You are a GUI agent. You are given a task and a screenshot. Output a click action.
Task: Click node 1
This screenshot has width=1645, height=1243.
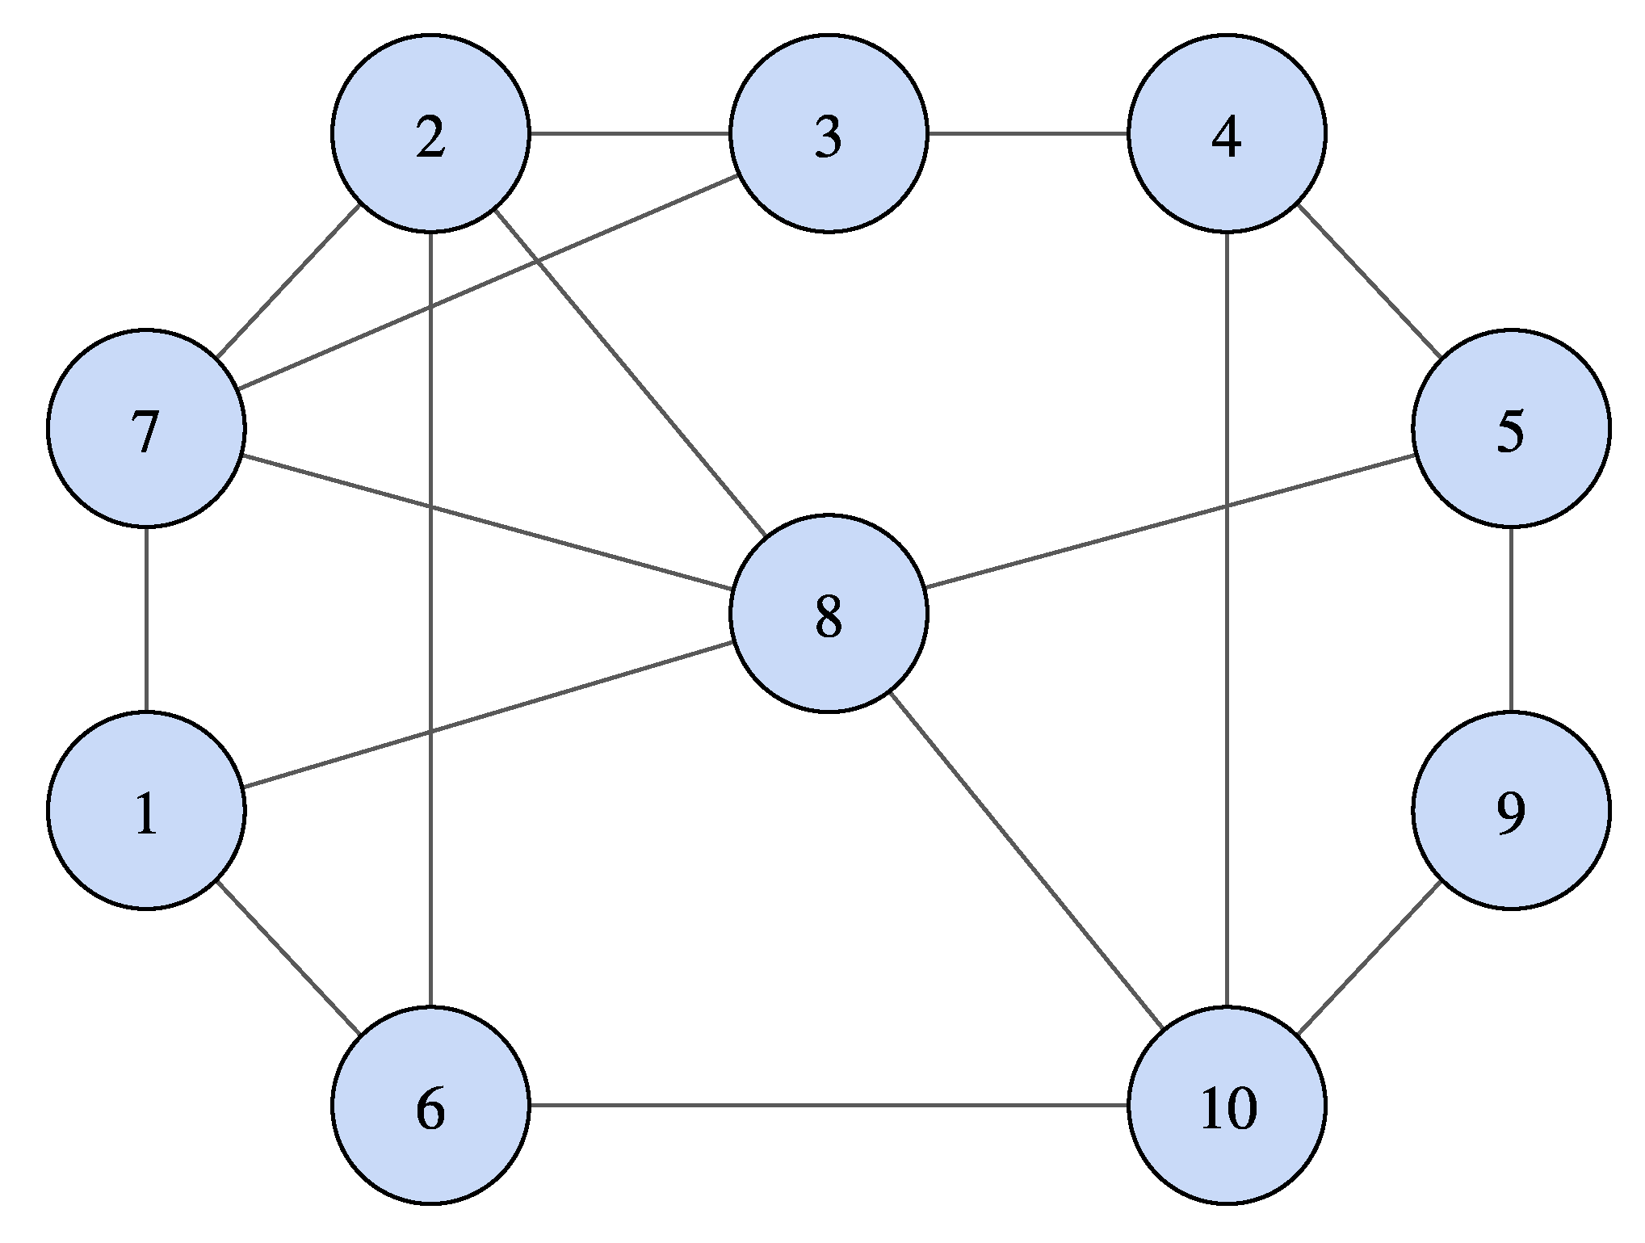(146, 810)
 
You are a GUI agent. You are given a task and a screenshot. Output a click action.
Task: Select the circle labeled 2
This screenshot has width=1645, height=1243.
(430, 133)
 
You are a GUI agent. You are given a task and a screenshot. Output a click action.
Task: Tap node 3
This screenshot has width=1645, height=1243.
(829, 133)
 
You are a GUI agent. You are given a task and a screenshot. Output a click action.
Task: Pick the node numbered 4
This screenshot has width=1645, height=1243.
(1227, 133)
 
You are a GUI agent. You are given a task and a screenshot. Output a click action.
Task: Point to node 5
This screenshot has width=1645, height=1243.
(1511, 428)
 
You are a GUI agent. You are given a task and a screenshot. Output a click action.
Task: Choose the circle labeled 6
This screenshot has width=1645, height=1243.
(430, 1105)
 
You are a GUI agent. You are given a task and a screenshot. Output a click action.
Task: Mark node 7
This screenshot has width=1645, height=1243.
(146, 428)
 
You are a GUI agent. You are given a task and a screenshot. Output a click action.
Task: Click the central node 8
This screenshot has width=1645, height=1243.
(829, 613)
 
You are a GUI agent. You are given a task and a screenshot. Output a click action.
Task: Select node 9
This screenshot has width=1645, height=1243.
(1511, 810)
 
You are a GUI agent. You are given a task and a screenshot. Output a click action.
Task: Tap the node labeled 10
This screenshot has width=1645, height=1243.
(1227, 1105)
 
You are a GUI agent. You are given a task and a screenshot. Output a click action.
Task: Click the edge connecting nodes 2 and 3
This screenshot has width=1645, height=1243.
(630, 133)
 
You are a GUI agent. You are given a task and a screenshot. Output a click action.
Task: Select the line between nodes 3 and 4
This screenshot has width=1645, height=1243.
(1027, 133)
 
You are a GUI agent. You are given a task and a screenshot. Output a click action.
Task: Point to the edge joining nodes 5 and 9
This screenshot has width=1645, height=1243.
(1511, 619)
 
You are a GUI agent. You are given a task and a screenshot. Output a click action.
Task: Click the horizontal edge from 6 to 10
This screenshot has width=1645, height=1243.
(829, 1105)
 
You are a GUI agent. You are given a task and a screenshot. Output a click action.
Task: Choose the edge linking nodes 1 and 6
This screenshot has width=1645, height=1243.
(288, 958)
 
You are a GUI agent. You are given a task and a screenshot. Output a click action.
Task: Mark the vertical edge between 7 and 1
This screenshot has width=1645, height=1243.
(146, 619)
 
